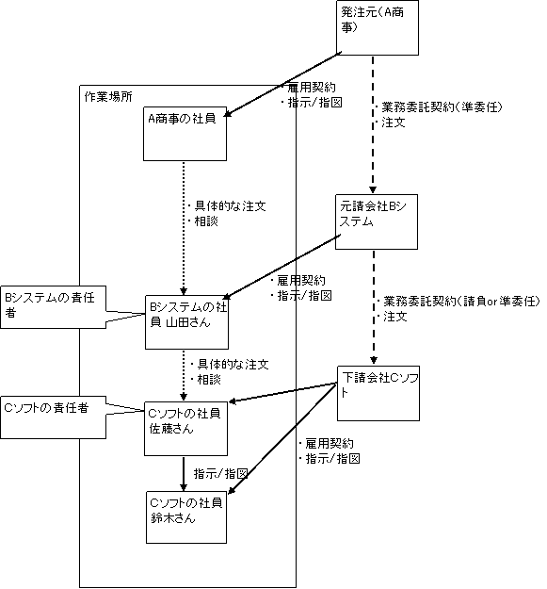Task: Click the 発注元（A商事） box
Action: (x=377, y=27)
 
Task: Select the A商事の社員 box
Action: (x=185, y=134)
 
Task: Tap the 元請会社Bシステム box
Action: (x=377, y=221)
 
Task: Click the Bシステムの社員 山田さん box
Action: (x=186, y=322)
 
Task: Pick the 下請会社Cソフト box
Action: (x=378, y=393)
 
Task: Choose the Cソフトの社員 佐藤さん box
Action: (x=186, y=429)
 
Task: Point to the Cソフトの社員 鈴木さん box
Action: (x=186, y=517)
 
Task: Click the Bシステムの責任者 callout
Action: (x=53, y=307)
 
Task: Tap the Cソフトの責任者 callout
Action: (x=53, y=417)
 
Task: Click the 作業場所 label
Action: (x=108, y=97)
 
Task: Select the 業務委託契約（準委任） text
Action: (x=442, y=107)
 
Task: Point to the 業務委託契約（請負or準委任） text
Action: (x=461, y=301)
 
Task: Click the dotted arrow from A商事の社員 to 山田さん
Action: (x=184, y=228)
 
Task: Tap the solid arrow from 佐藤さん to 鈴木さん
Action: (x=184, y=474)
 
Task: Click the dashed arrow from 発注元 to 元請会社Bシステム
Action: (x=373, y=124)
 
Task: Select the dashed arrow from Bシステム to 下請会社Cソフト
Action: (x=374, y=307)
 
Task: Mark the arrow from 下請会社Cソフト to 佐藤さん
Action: (x=282, y=393)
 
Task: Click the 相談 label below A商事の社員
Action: (x=206, y=221)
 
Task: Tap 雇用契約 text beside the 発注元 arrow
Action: (x=312, y=88)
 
